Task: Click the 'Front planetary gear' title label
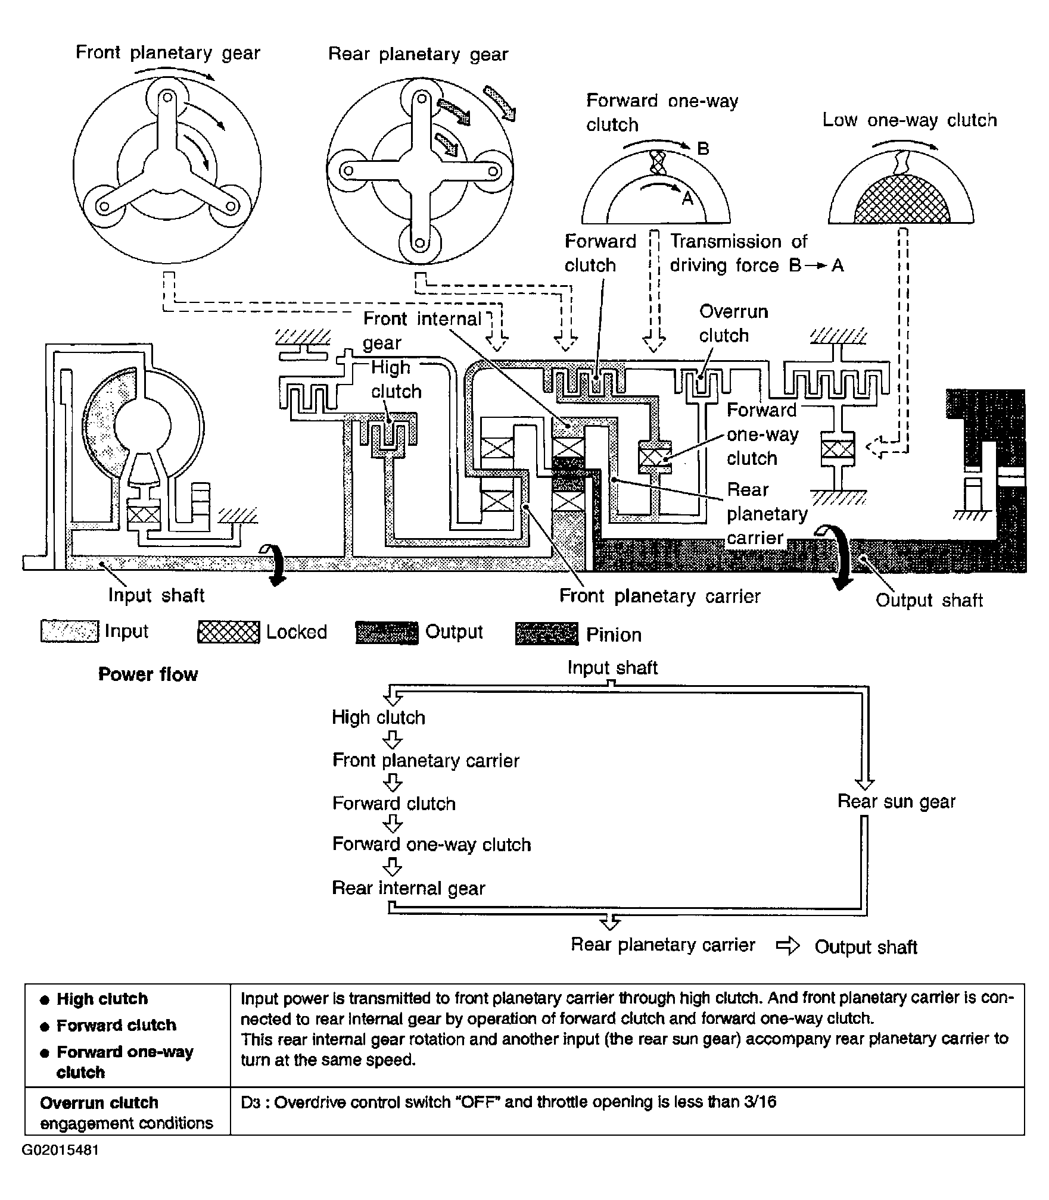pos(168,53)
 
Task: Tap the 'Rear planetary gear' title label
pos(418,54)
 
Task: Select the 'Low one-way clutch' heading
pos(910,120)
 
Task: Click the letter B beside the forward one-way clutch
pos(703,148)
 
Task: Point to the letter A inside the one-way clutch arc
pos(687,198)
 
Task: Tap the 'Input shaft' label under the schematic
pos(156,595)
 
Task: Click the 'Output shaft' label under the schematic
pos(929,600)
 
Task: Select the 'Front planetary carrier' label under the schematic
pos(659,596)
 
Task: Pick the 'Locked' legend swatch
pos(228,632)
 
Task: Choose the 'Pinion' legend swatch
pos(546,634)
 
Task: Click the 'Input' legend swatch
pos(70,632)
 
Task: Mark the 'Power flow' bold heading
pos(148,674)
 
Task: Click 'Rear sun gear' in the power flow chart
pos(896,802)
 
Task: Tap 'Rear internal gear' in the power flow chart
pos(408,888)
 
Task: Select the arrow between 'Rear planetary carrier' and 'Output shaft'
pos(787,946)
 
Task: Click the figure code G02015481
pos(61,1166)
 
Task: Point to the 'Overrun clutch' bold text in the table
pos(99,1102)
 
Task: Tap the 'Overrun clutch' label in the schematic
pos(733,323)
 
